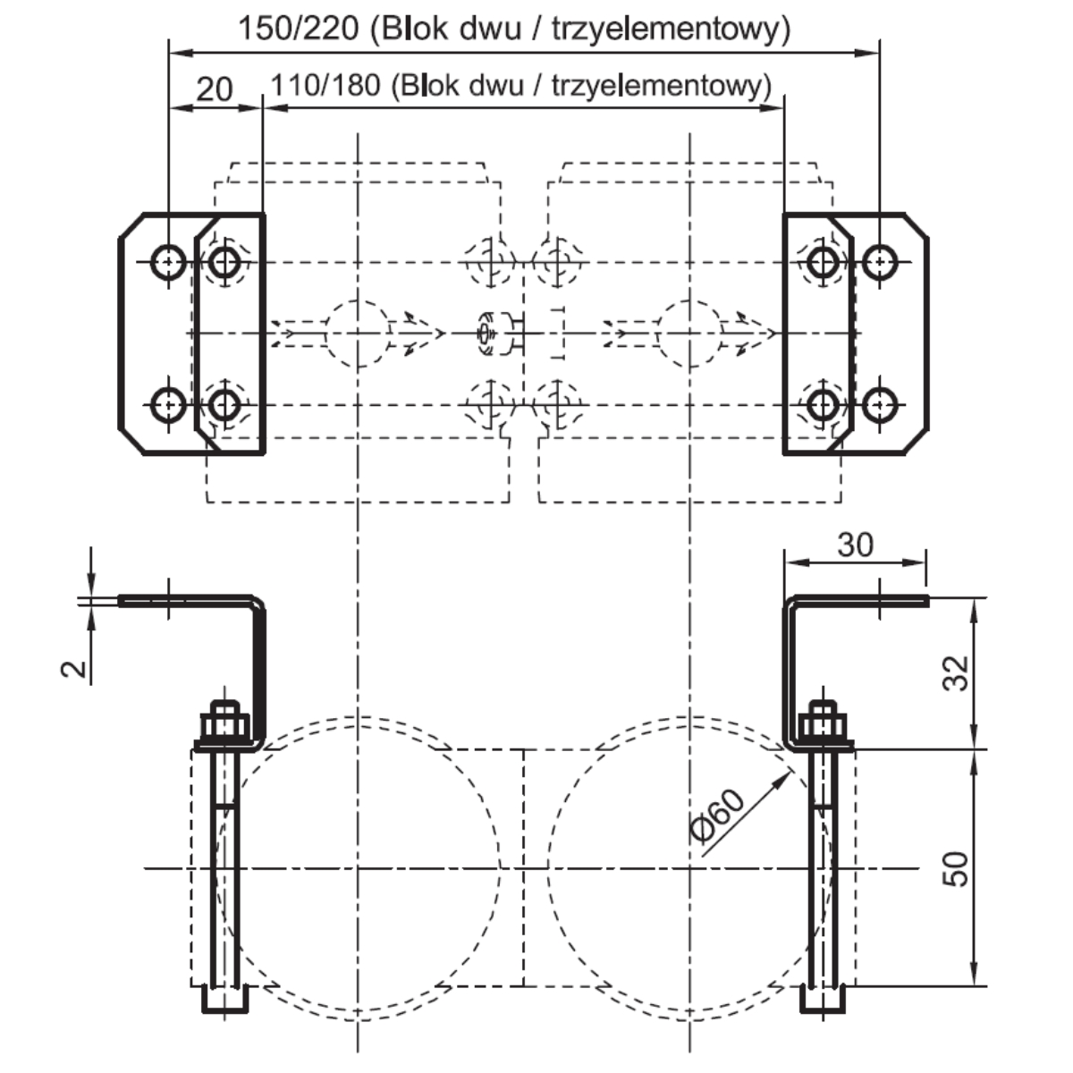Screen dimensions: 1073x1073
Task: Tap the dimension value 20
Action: [214, 88]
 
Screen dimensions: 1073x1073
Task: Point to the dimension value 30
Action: [855, 544]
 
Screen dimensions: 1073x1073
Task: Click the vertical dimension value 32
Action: [956, 672]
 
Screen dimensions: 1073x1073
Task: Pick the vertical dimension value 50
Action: [956, 868]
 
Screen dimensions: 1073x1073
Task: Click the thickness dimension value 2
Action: [77, 667]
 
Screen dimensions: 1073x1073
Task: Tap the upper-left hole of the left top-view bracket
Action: [168, 262]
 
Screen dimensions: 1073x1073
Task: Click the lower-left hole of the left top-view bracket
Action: [168, 405]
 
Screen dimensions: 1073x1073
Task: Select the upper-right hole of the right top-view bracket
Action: [881, 261]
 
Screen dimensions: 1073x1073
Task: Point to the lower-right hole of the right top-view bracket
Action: [881, 405]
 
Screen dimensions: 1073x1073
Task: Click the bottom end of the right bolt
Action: [824, 1001]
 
